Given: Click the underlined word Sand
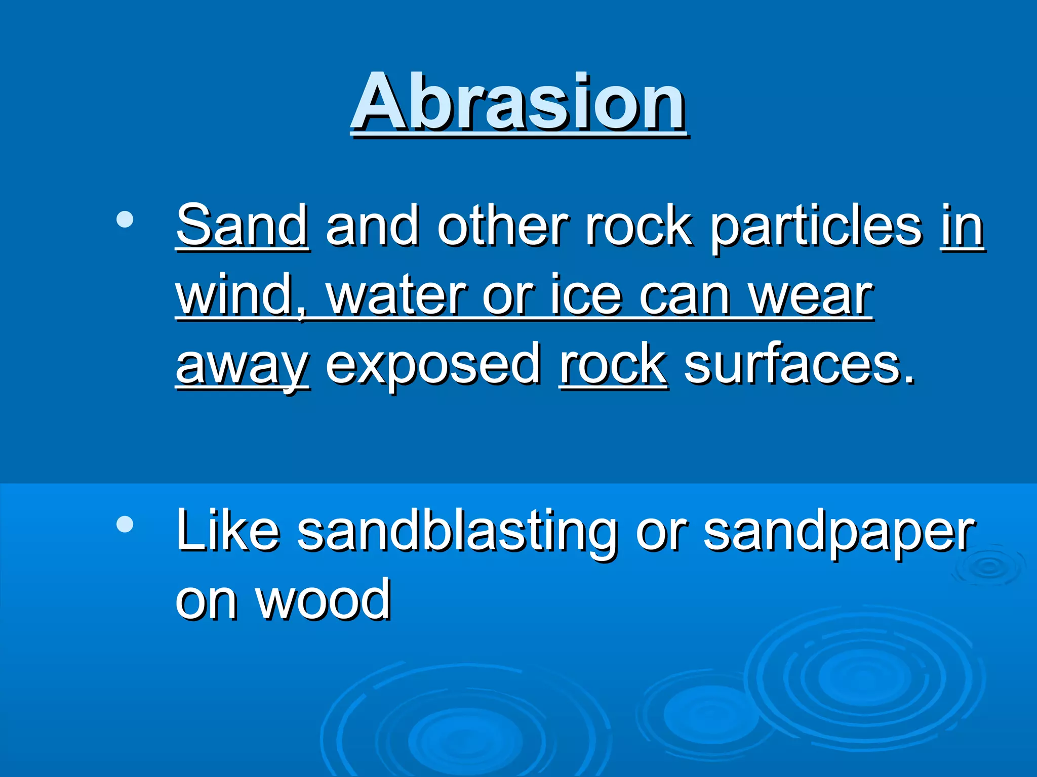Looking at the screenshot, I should coord(242,226).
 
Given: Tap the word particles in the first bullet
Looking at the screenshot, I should coord(816,226).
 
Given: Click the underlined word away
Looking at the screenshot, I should coord(242,365).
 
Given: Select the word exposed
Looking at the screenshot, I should coord(433,365).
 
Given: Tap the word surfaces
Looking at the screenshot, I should coord(800,365).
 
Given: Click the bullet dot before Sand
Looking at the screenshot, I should coord(125,220).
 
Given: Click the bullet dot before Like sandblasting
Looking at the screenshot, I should coord(125,524).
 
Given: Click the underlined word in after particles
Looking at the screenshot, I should coord(962,226).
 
